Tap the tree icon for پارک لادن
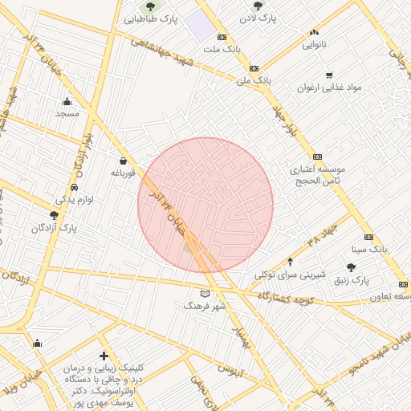click(258, 6)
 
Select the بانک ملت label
click(221, 49)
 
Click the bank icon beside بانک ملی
click(254, 69)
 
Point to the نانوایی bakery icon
click(313, 33)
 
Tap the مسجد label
click(67, 113)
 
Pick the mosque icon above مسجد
click(67, 101)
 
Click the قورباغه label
click(127, 173)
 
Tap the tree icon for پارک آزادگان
click(54, 215)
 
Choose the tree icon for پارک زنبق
click(351, 267)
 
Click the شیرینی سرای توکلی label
click(290, 275)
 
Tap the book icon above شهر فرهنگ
click(205, 295)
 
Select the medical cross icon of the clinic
click(104, 355)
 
